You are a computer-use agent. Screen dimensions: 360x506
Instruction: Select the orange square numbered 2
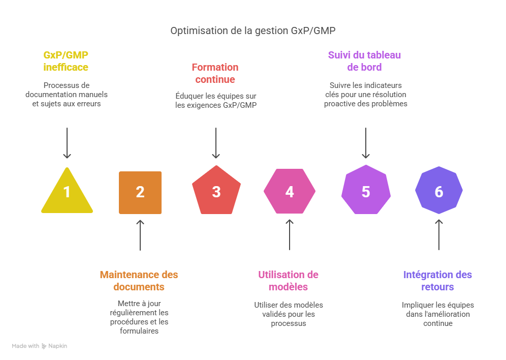(140, 192)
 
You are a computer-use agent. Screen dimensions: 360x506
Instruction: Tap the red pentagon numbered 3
(216, 191)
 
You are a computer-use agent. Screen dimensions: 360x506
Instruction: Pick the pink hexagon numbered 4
(290, 192)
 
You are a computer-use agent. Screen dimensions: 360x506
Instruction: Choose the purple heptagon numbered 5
(366, 191)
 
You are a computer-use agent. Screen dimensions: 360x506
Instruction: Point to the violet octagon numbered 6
(439, 192)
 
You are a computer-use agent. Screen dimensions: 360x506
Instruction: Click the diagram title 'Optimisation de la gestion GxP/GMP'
(252, 31)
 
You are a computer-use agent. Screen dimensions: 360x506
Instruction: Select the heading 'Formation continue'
(215, 73)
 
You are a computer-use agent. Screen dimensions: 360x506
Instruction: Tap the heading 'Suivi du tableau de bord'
(364, 61)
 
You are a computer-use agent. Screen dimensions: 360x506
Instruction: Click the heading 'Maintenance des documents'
(139, 281)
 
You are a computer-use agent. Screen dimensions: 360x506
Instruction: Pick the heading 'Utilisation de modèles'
(288, 281)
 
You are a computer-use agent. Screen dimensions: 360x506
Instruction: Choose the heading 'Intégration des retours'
(437, 281)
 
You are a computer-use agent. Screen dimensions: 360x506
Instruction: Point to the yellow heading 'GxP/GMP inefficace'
(66, 61)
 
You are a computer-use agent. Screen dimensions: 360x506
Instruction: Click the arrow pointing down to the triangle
(67, 142)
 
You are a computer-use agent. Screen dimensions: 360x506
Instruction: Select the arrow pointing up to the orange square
(140, 235)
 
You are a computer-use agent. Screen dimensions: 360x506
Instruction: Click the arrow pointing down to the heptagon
(366, 142)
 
